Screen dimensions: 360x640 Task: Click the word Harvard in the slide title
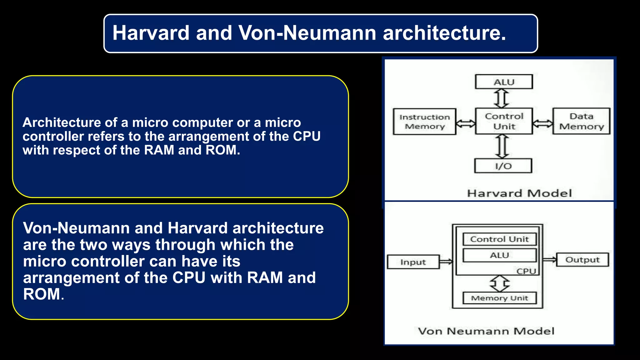(x=151, y=33)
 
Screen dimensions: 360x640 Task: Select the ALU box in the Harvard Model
(x=504, y=82)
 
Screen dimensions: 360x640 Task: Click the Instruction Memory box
(x=424, y=122)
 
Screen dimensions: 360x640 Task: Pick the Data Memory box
(x=581, y=121)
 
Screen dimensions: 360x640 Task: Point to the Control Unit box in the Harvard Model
(x=504, y=121)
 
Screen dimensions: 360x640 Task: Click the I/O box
(x=503, y=166)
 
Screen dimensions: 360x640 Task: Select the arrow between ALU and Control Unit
(x=501, y=98)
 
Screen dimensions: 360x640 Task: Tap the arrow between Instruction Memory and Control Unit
(x=466, y=123)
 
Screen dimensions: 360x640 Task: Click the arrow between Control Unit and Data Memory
(x=542, y=123)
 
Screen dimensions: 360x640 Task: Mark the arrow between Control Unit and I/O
(x=502, y=146)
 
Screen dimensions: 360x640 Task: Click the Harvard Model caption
(x=519, y=193)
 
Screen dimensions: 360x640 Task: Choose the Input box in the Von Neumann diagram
(x=413, y=262)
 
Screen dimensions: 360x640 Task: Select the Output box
(x=582, y=260)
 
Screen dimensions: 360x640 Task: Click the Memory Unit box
(x=499, y=298)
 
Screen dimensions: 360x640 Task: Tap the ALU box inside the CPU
(x=499, y=255)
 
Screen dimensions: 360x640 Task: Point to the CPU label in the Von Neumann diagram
(x=526, y=271)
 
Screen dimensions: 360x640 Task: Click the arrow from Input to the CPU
(x=446, y=262)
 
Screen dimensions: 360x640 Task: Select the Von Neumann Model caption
(x=486, y=331)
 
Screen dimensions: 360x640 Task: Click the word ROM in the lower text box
(x=41, y=294)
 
